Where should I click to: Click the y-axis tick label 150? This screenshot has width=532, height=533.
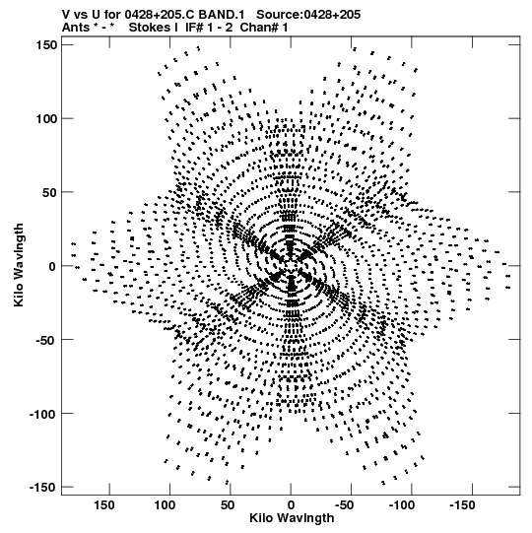46,44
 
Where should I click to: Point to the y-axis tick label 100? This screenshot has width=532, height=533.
46,118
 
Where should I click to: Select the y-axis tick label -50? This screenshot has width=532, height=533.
46,340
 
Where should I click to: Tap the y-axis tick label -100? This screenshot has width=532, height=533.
42,414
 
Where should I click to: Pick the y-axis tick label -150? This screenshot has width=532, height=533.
42,488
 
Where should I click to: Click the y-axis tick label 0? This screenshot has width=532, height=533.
52,266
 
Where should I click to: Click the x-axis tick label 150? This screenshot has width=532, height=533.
104,505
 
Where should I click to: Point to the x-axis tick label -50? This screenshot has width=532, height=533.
345,505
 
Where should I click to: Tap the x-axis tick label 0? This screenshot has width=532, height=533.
291,505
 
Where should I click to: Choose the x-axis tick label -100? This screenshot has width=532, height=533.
402,505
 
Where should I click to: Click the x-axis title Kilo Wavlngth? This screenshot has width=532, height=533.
292,518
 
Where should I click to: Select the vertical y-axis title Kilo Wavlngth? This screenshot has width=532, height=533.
19,265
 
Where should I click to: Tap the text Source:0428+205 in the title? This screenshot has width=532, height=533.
308,15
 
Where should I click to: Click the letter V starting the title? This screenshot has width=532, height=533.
66,15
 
